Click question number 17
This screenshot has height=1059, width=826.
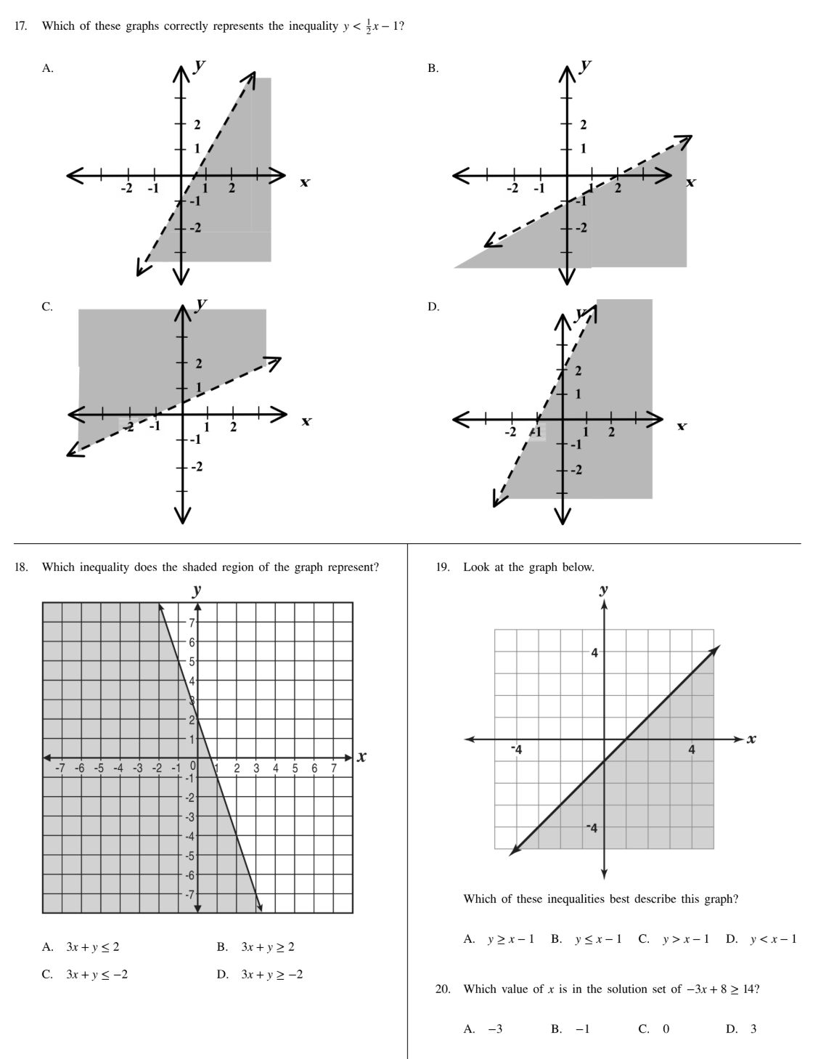21,26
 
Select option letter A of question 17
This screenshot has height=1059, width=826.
47,68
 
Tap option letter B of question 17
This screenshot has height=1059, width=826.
433,68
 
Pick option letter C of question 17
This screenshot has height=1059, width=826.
47,307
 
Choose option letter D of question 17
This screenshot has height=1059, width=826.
433,307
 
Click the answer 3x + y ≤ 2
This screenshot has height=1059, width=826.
92,947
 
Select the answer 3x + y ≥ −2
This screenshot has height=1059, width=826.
271,975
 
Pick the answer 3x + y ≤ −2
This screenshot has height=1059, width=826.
97,975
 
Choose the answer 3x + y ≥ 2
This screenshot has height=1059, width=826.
267,947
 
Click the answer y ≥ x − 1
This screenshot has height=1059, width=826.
510,939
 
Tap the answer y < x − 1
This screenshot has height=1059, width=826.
773,939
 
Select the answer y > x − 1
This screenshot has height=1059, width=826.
685,939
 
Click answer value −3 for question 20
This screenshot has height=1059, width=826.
494,1028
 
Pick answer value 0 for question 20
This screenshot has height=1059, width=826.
666,1028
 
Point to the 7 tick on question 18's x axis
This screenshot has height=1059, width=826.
334,767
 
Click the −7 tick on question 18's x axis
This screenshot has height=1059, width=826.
61,767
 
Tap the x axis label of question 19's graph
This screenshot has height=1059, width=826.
751,739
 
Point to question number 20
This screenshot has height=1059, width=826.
443,989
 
